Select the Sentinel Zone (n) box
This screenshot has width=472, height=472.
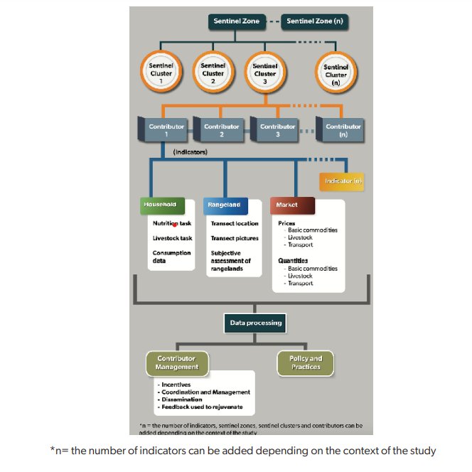[x=314, y=21]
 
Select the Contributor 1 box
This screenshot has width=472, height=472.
[x=165, y=130]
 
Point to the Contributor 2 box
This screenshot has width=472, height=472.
[x=220, y=130]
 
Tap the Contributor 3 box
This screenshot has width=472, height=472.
[x=277, y=130]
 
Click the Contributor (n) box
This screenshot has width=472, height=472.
[x=342, y=130]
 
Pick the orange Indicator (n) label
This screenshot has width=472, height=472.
[x=343, y=181]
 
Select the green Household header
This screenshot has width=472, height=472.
[x=163, y=205]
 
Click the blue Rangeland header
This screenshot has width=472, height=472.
[x=225, y=205]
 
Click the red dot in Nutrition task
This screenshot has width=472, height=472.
[x=175, y=224]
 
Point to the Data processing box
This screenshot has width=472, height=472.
[x=255, y=323]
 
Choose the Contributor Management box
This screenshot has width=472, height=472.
[x=176, y=363]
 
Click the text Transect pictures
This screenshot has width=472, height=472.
[x=235, y=238]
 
